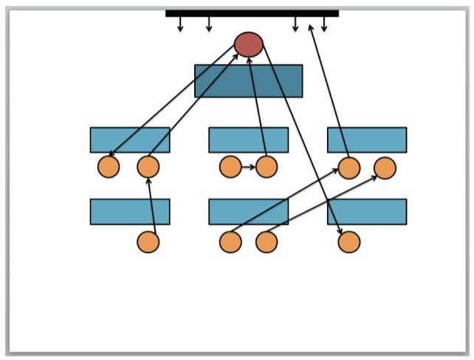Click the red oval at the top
pyautogui.click(x=249, y=44)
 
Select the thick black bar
pyautogui.click(x=252, y=13)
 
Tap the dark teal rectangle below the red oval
pyautogui.click(x=248, y=80)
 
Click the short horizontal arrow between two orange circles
pyautogui.click(x=248, y=167)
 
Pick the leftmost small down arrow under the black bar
pyautogui.click(x=180, y=24)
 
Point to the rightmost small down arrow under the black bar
pyautogui.click(x=324, y=24)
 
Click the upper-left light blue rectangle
pyautogui.click(x=130, y=140)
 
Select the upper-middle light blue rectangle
pyautogui.click(x=248, y=140)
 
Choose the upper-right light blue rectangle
pyautogui.click(x=367, y=140)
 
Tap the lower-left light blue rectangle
pyautogui.click(x=130, y=212)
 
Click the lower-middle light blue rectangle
pyautogui.click(x=248, y=212)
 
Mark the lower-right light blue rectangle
pyautogui.click(x=367, y=212)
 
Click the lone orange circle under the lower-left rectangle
pyautogui.click(x=148, y=242)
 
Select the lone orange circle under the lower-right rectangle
pyautogui.click(x=349, y=242)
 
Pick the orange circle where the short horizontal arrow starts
pyautogui.click(x=230, y=167)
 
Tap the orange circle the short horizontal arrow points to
pyautogui.click(x=266, y=167)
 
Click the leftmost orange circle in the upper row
pyautogui.click(x=109, y=167)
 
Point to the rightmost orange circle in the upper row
pyautogui.click(x=385, y=168)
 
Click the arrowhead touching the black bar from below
pyautogui.click(x=311, y=27)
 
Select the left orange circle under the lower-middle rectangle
pyautogui.click(x=230, y=242)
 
